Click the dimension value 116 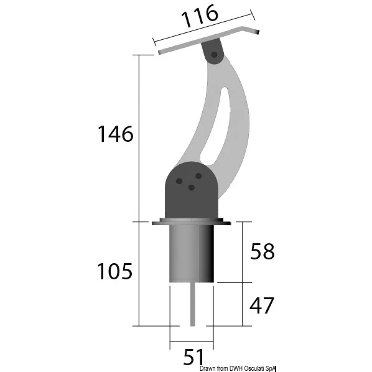tap(200, 16)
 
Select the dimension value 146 tap(116, 134)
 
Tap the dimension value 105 tap(114, 271)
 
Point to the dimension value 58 tap(263, 251)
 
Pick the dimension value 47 tap(262, 305)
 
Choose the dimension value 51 tap(193, 356)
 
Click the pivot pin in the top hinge tap(214, 55)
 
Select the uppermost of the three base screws tap(198, 176)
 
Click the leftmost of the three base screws tap(179, 181)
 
